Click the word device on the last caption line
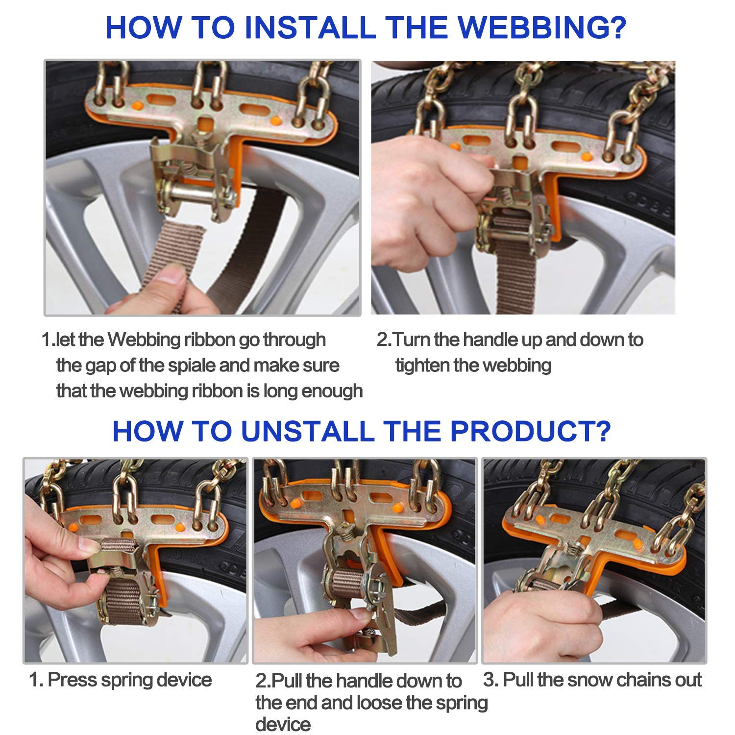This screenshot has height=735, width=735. (283, 724)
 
